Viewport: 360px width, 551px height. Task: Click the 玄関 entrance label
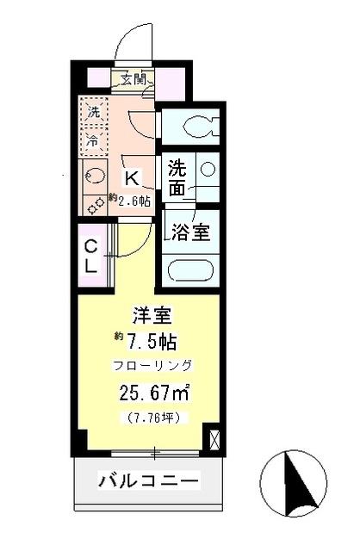[132, 80]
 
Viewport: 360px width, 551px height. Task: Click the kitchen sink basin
[92, 176]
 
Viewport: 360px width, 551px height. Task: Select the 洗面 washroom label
[177, 178]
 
